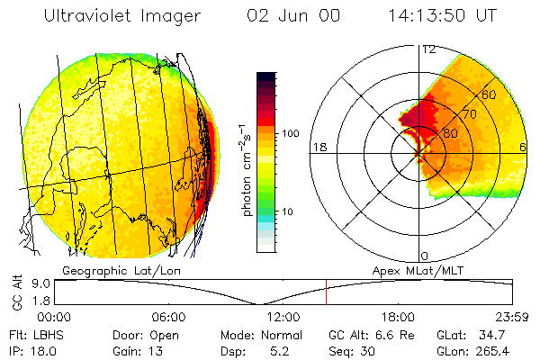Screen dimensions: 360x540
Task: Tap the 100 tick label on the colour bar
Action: [290, 133]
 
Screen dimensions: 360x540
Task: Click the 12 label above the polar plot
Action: [428, 49]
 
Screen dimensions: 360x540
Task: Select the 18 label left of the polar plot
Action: [319, 147]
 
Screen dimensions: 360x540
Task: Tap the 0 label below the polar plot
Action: [425, 256]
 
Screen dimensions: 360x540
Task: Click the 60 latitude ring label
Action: [490, 94]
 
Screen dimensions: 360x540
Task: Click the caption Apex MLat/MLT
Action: [418, 270]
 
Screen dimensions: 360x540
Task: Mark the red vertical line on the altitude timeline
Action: [327, 292]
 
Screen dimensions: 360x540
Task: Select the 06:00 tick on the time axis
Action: [169, 317]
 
